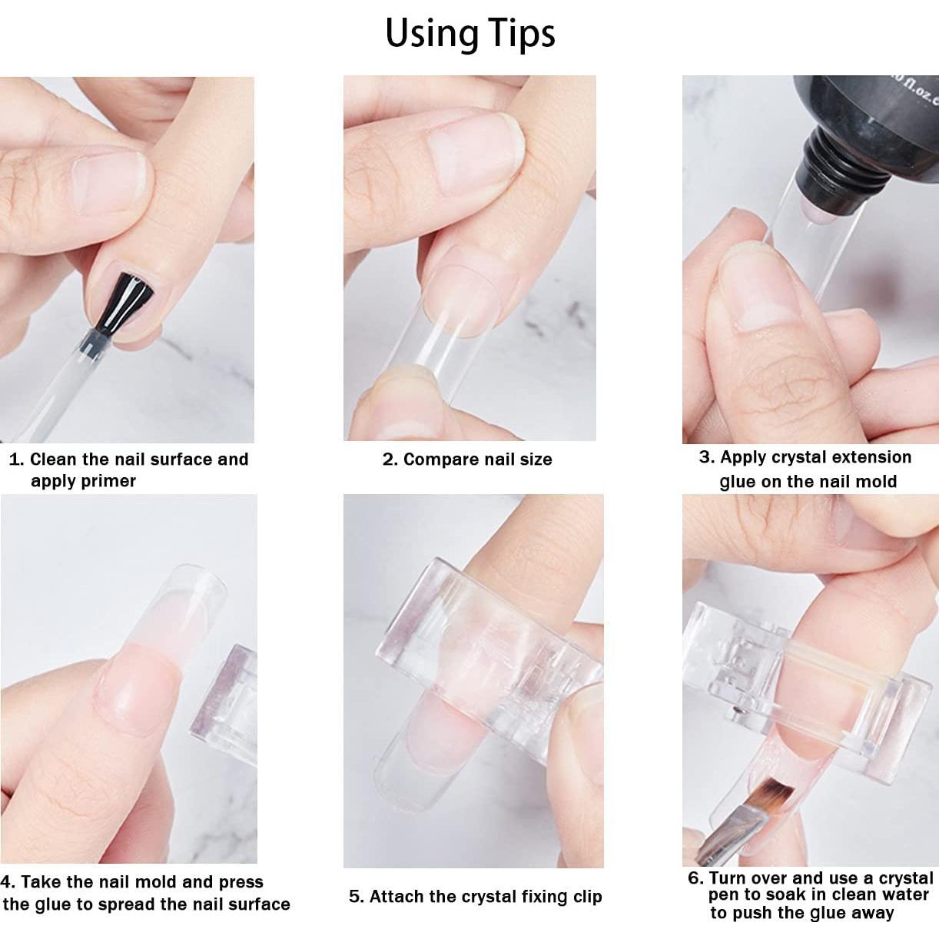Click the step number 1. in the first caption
point(16,460)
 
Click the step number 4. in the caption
point(8,882)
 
